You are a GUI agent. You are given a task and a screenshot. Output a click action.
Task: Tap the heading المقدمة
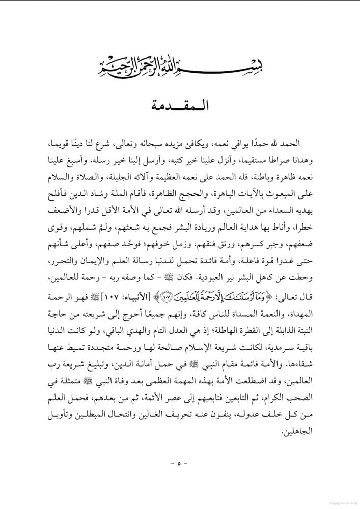[180, 108]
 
